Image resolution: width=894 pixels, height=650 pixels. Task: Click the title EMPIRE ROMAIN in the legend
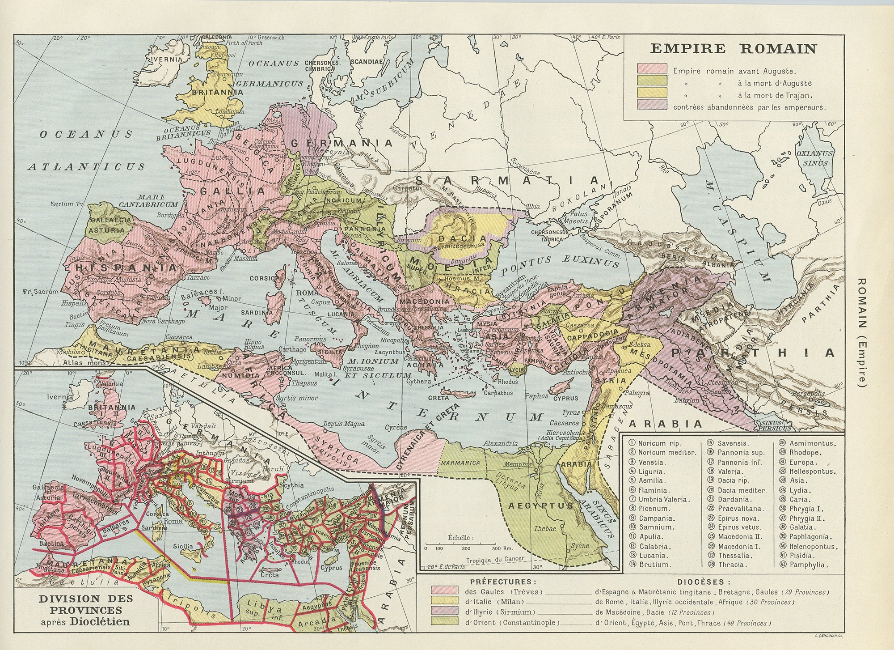pyautogui.click(x=733, y=49)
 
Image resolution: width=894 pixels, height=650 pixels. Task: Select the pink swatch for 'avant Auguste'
pyautogui.click(x=652, y=70)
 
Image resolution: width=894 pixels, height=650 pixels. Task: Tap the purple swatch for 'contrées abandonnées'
pyautogui.click(x=652, y=107)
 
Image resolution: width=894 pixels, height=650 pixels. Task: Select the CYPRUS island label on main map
pyautogui.click(x=566, y=398)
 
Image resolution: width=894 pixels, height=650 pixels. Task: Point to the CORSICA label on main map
pyautogui.click(x=264, y=278)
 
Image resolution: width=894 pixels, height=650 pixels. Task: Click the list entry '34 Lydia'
pyautogui.click(x=800, y=490)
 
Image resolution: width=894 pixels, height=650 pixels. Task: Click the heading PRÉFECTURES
pyautogui.click(x=503, y=582)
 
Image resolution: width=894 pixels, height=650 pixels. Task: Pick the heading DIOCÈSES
pyautogui.click(x=704, y=582)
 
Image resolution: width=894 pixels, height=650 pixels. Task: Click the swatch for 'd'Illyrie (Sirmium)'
pyautogui.click(x=444, y=612)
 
